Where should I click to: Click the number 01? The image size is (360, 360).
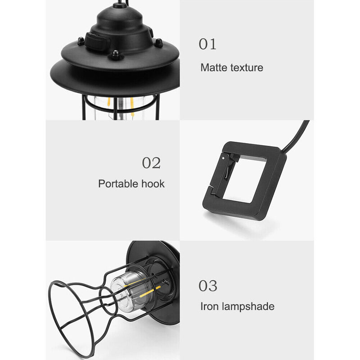tap(207, 44)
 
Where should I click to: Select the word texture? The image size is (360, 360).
tap(247, 68)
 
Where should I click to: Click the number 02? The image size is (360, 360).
tap(151, 163)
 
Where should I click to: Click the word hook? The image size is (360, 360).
tap(153, 184)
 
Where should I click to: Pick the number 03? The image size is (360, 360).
tap(208, 286)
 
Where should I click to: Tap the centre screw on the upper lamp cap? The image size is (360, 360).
tap(116, 54)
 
